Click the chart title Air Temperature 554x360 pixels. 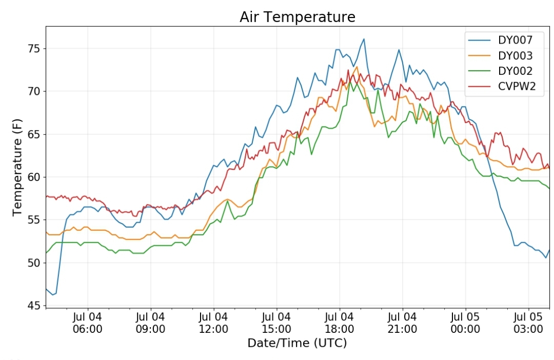pyautogui.click(x=297, y=17)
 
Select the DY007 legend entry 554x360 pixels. pyautogui.click(x=515, y=40)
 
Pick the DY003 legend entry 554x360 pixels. pyautogui.click(x=515, y=55)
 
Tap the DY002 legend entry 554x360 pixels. pyautogui.click(x=515, y=71)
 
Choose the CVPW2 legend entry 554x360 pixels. pyautogui.click(x=517, y=86)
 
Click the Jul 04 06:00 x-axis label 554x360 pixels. pyautogui.click(x=87, y=323)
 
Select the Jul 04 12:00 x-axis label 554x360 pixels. pyautogui.click(x=213, y=323)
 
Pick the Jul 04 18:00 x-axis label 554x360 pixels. pyautogui.click(x=339, y=323)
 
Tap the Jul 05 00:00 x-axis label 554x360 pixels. pyautogui.click(x=465, y=323)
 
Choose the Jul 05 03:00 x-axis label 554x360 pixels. pyautogui.click(x=528, y=323)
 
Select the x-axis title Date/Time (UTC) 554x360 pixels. pyautogui.click(x=297, y=343)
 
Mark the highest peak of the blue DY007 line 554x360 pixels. pyautogui.click(x=364, y=39)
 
